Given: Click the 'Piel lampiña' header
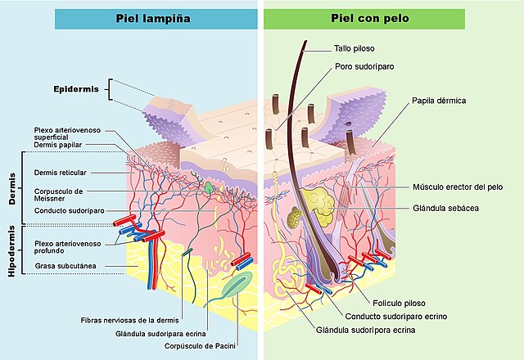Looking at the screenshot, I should [x=156, y=18].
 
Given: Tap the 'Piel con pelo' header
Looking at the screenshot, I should [x=371, y=18].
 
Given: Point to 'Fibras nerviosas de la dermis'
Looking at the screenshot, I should [x=124, y=320].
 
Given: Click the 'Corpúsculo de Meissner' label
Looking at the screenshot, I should [x=58, y=194].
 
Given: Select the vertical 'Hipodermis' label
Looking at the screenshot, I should [x=12, y=253].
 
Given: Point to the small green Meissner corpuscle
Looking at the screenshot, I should [x=210, y=187].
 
